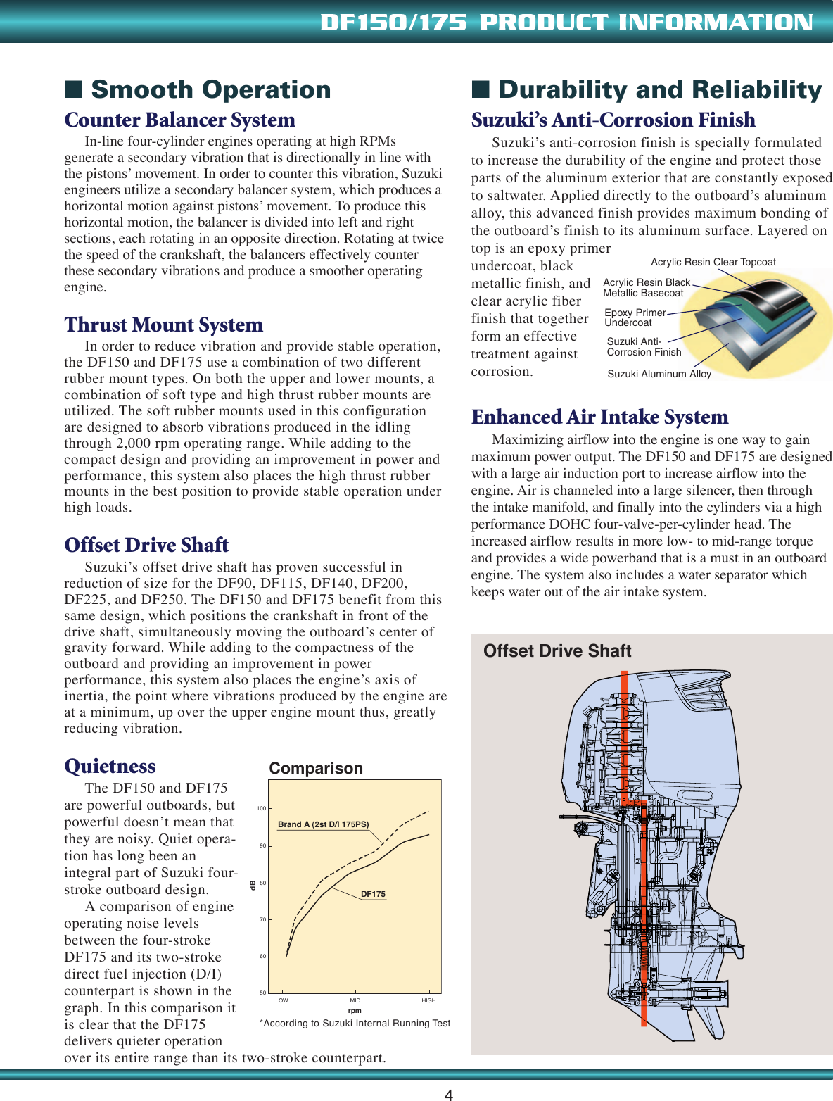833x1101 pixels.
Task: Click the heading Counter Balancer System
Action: (179, 120)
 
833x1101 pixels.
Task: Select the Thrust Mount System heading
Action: (163, 325)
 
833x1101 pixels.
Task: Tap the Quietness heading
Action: (110, 767)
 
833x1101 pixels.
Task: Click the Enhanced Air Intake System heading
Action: (599, 417)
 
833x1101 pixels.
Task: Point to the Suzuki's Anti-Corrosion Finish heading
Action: (613, 120)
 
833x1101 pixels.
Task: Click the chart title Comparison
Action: (316, 769)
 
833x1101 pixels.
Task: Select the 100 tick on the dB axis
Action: (261, 808)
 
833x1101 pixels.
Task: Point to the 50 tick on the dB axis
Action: (262, 993)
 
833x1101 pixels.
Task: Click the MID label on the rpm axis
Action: (355, 1000)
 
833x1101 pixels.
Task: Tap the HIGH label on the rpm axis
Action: (428, 1000)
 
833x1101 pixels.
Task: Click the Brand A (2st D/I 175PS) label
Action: (323, 824)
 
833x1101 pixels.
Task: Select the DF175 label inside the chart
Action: (373, 894)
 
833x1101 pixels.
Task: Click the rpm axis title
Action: (355, 1011)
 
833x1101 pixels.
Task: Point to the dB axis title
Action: (253, 885)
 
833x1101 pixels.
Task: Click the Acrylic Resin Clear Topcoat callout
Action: (713, 262)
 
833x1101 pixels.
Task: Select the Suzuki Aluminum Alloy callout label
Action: (659, 374)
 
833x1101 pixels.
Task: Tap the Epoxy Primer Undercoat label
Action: (634, 317)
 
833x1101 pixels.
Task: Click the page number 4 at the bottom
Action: (449, 1094)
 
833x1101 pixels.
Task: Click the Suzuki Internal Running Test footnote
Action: (355, 1024)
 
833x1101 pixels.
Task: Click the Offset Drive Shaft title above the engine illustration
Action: (557, 651)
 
